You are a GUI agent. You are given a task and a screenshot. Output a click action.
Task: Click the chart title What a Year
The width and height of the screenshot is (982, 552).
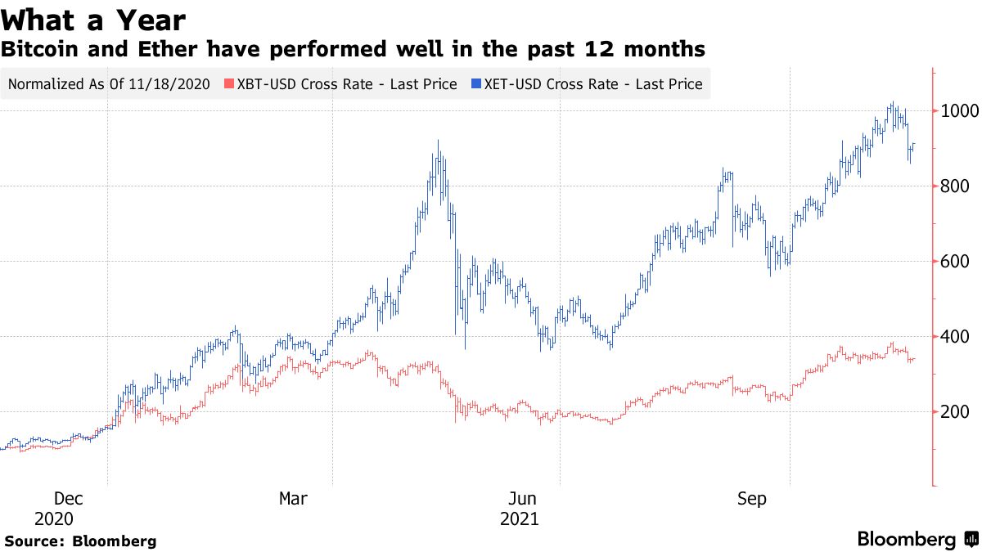tap(93, 20)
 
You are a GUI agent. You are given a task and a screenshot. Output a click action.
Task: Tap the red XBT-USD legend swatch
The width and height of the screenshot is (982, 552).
tap(230, 83)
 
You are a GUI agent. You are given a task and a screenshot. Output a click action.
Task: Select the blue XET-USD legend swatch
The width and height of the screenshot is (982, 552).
tap(476, 83)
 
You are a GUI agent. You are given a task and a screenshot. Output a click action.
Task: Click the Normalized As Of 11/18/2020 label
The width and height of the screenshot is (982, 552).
tap(109, 83)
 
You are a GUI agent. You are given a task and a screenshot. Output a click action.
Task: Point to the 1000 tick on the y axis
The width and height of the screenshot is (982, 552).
tap(954, 111)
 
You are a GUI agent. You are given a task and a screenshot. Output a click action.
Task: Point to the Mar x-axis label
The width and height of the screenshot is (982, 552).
tap(294, 498)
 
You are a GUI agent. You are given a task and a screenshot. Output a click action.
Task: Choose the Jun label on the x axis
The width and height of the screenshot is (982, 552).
tap(522, 498)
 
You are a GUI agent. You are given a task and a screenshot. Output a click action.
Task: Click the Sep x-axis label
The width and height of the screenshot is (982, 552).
tap(752, 498)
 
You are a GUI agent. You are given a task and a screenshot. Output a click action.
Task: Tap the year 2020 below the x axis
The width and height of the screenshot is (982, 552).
tap(54, 518)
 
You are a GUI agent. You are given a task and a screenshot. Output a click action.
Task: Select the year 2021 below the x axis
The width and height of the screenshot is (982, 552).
tap(519, 518)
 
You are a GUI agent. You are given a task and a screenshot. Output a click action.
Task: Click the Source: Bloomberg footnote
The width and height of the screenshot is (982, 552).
tap(80, 541)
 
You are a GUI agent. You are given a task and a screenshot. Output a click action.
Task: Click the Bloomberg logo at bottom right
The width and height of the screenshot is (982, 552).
tap(917, 540)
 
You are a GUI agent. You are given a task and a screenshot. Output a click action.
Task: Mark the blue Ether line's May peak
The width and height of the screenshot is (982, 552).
tap(439, 141)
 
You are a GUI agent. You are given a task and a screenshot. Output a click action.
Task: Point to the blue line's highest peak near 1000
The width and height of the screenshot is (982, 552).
tap(893, 104)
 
